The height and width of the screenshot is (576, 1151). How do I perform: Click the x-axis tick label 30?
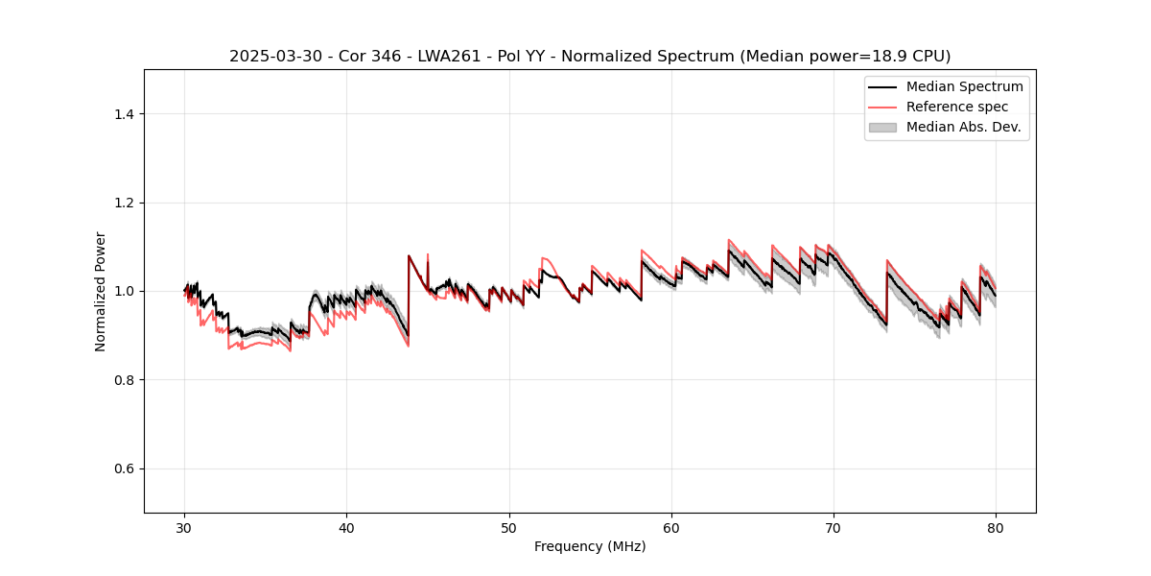click(x=185, y=527)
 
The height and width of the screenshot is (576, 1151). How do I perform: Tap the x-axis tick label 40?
click(x=347, y=527)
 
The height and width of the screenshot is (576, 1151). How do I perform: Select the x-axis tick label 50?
click(x=509, y=527)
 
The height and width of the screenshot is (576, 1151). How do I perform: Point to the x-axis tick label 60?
click(x=671, y=527)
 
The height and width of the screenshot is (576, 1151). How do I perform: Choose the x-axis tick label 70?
click(x=834, y=527)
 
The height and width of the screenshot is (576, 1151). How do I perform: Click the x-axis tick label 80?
click(x=996, y=527)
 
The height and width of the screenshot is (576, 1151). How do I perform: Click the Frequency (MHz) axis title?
click(x=590, y=546)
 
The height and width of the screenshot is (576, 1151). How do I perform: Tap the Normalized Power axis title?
click(x=101, y=291)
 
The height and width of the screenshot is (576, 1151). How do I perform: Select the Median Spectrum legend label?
click(x=964, y=86)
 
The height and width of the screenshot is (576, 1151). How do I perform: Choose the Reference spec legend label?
click(x=957, y=107)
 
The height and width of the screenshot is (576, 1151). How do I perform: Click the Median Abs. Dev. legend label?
click(x=964, y=127)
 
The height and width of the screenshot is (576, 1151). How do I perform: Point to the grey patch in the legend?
click(x=882, y=127)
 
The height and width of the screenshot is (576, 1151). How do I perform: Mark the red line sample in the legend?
click(x=882, y=107)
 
